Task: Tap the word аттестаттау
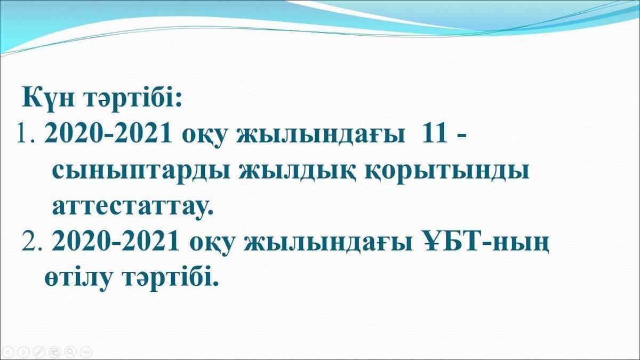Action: pos(133,207)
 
